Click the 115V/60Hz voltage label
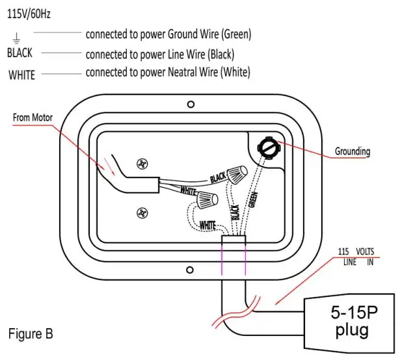point(29,14)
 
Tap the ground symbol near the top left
point(16,38)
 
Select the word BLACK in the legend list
point(20,53)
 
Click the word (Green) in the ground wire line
point(236,34)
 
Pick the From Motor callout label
point(33,118)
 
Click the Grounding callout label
point(353,151)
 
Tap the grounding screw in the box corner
point(269,148)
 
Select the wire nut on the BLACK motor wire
point(237,174)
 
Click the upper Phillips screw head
point(142,164)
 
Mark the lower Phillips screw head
point(142,213)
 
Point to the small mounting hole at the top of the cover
point(191,104)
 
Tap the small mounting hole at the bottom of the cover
point(189,270)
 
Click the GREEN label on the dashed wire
point(253,199)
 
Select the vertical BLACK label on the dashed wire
point(235,212)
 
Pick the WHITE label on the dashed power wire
point(207,225)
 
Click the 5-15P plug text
point(354,321)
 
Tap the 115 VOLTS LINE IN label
point(356,257)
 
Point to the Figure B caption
point(31,334)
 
